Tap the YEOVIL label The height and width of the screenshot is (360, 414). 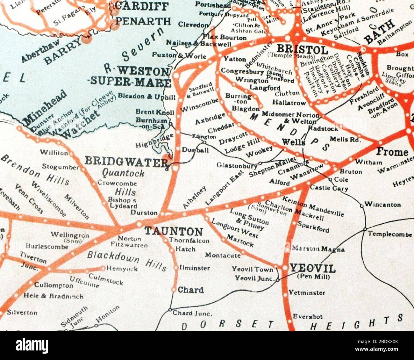point(312,269)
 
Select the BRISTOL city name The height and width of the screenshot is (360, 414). point(302,49)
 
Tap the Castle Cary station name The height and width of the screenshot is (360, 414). point(329,188)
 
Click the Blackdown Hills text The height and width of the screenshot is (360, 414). point(127,260)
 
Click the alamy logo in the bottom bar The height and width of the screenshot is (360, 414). point(33,345)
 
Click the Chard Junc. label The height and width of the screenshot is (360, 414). point(192,313)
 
